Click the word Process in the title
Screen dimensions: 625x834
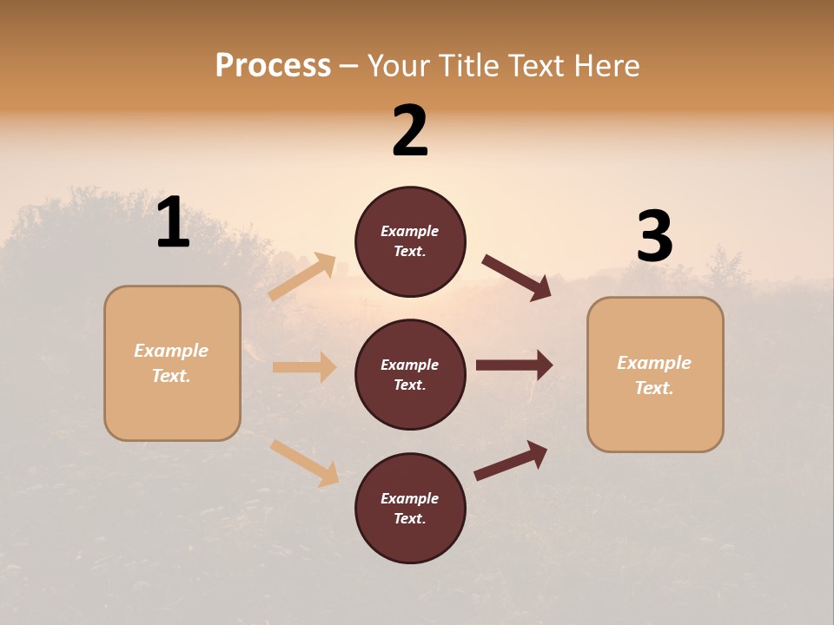pyautogui.click(x=273, y=66)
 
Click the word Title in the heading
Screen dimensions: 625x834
pyautogui.click(x=472, y=66)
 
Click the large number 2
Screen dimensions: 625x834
pyautogui.click(x=410, y=131)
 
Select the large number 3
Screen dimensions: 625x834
pyautogui.click(x=654, y=236)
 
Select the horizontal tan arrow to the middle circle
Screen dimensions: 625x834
pyautogui.click(x=304, y=367)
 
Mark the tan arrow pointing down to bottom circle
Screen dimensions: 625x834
pyautogui.click(x=304, y=462)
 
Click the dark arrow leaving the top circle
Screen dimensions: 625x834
pyautogui.click(x=517, y=278)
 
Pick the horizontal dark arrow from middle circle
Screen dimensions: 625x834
pyautogui.click(x=514, y=365)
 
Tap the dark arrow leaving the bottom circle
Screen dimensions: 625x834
pyautogui.click(x=511, y=461)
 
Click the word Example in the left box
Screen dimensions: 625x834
pyautogui.click(x=171, y=351)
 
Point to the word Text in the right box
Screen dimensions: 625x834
pyautogui.click(x=654, y=388)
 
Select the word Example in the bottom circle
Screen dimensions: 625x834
pyautogui.click(x=409, y=498)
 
